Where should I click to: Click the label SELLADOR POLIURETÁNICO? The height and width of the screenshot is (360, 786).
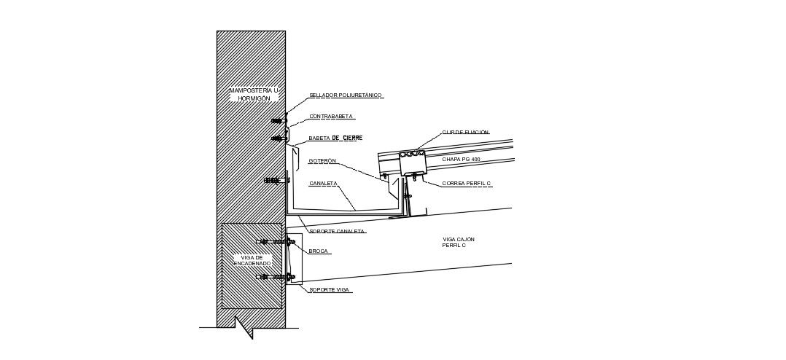[346, 95]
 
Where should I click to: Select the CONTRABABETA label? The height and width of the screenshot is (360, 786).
[331, 117]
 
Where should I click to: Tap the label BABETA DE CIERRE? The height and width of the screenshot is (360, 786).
[335, 138]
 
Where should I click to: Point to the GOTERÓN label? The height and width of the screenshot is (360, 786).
[322, 161]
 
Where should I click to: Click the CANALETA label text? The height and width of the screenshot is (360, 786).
[323, 184]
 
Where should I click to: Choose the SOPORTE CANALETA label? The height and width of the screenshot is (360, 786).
[337, 232]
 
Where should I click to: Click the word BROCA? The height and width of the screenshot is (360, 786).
[319, 251]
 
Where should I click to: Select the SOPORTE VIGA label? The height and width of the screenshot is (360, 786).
[330, 290]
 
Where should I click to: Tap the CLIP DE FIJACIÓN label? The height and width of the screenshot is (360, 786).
[465, 133]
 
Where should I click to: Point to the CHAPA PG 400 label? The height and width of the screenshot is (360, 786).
[461, 160]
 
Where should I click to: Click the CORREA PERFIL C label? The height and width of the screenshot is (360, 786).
[467, 184]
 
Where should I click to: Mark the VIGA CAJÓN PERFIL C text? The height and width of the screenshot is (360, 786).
[459, 242]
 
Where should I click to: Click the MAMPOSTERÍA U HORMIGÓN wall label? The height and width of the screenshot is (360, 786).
[254, 94]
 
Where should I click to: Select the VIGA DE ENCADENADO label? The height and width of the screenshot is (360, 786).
[252, 260]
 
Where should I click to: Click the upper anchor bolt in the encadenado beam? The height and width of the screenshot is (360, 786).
[276, 242]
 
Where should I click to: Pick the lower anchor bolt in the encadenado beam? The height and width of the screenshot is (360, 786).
[276, 277]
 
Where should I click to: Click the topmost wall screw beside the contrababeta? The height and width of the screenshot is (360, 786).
[278, 121]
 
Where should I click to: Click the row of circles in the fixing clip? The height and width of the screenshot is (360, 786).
[413, 154]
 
